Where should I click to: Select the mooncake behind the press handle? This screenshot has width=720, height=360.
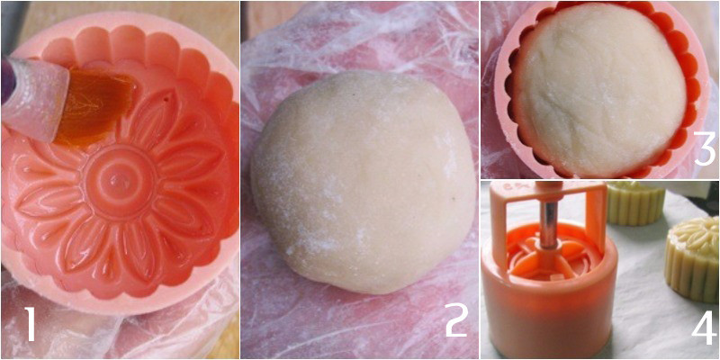coord(634,202)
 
